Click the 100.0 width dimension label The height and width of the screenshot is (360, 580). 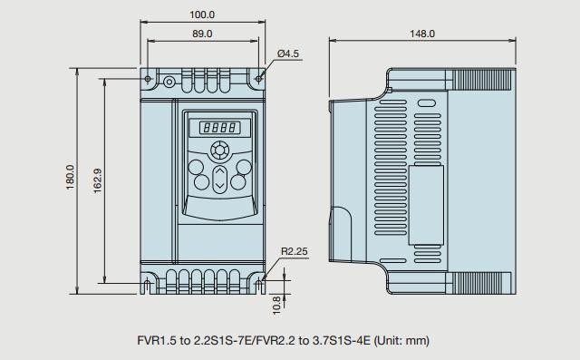click(202, 15)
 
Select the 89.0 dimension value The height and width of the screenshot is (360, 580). click(202, 34)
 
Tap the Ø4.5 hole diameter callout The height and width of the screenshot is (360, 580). click(288, 54)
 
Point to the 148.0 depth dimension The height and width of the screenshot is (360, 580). click(422, 34)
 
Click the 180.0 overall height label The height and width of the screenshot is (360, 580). click(71, 178)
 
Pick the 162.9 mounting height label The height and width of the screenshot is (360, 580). click(98, 181)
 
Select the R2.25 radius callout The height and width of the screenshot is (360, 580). click(294, 251)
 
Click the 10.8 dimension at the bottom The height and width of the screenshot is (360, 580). click(276, 306)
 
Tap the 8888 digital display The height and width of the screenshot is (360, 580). click(219, 128)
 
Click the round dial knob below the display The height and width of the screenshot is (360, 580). click(219, 151)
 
